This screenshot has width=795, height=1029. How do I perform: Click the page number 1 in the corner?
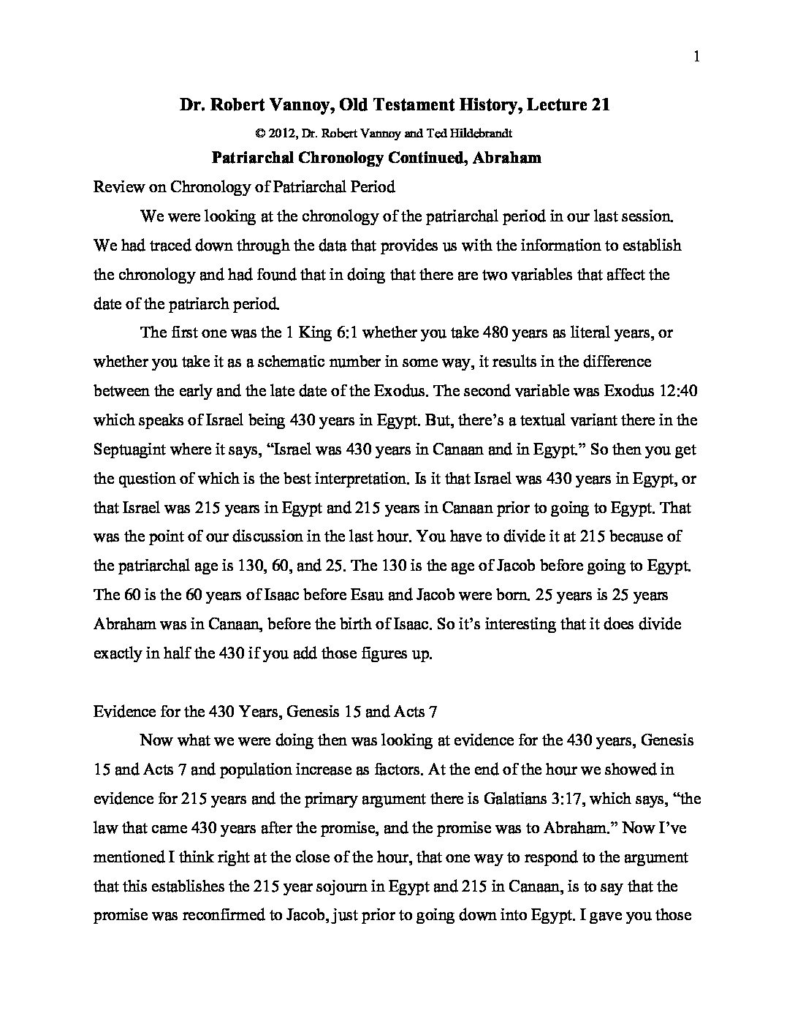[697, 58]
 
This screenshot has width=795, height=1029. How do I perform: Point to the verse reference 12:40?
[678, 391]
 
